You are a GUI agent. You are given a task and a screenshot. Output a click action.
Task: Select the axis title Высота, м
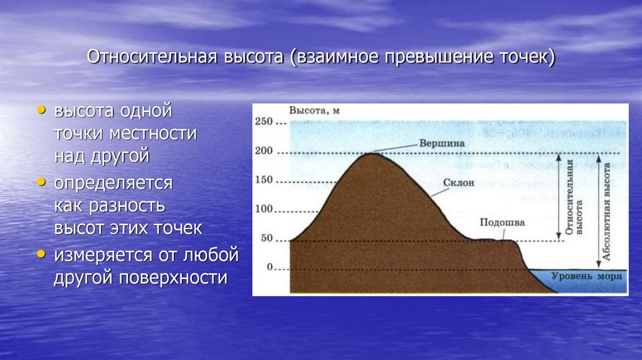pos(314,111)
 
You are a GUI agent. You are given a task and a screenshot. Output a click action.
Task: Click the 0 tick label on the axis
pos(270,267)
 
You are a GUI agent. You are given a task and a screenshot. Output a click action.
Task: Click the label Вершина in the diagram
pos(443,143)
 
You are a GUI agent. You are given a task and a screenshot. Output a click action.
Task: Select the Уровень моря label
pos(586,276)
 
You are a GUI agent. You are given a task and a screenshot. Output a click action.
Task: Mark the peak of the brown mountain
pos(370,154)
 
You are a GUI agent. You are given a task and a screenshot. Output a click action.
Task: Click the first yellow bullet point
pos(41,110)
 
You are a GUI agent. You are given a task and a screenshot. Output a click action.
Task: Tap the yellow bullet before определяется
pos(41,182)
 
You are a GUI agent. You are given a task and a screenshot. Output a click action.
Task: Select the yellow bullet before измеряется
pos(41,254)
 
